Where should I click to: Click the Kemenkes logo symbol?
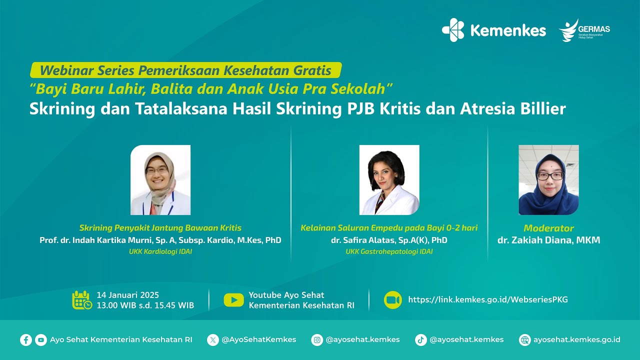[453, 30]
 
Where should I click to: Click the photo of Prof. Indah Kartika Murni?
[160, 180]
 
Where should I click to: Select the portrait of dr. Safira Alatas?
[389, 180]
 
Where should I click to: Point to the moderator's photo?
[548, 180]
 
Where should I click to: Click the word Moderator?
[548, 228]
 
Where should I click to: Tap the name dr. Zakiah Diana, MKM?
[548, 240]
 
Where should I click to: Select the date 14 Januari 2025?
[128, 295]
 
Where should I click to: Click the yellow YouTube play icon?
[233, 300]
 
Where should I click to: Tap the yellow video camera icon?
[393, 300]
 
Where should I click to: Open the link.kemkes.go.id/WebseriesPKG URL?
[488, 300]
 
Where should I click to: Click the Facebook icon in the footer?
[26, 340]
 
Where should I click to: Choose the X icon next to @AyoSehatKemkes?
[213, 340]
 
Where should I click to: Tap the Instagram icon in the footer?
[317, 340]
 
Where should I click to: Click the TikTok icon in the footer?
[421, 340]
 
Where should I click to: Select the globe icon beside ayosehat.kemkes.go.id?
[525, 340]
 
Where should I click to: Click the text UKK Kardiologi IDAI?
[160, 252]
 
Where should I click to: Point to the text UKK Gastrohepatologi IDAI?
[389, 252]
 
